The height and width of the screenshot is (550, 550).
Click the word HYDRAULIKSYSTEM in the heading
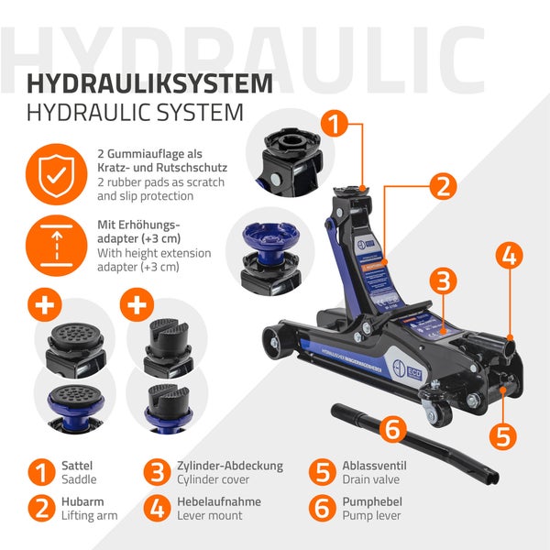pyautogui.click(x=149, y=83)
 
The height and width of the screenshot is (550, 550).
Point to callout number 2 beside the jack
pyautogui.click(x=442, y=187)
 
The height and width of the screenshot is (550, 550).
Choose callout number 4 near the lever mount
pyautogui.click(x=511, y=255)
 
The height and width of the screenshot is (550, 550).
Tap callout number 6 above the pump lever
pyautogui.click(x=391, y=427)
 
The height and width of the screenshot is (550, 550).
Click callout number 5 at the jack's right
pyautogui.click(x=501, y=434)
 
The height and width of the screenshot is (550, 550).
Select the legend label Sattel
pyautogui.click(x=76, y=466)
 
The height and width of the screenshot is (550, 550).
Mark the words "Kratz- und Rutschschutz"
pyautogui.click(x=161, y=169)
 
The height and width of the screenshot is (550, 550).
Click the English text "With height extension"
pyautogui.click(x=154, y=253)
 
